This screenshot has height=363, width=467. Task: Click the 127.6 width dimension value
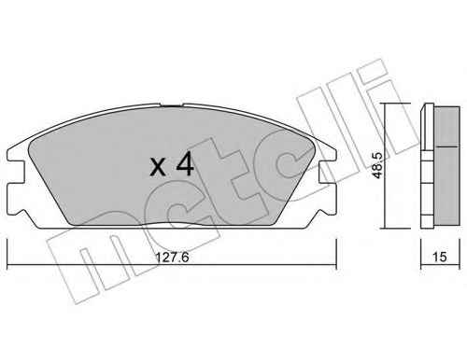point(172,258)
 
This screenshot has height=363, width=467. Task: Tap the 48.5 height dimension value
point(377,165)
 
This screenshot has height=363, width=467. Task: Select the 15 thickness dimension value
point(440,257)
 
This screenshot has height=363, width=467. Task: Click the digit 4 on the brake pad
point(185,165)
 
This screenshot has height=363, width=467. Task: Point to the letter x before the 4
point(158,168)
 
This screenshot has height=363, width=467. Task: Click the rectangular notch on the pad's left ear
point(16,172)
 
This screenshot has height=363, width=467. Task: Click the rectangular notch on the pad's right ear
point(328,172)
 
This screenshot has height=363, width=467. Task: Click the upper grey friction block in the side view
point(446,127)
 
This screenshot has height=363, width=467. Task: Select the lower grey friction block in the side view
point(446,185)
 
